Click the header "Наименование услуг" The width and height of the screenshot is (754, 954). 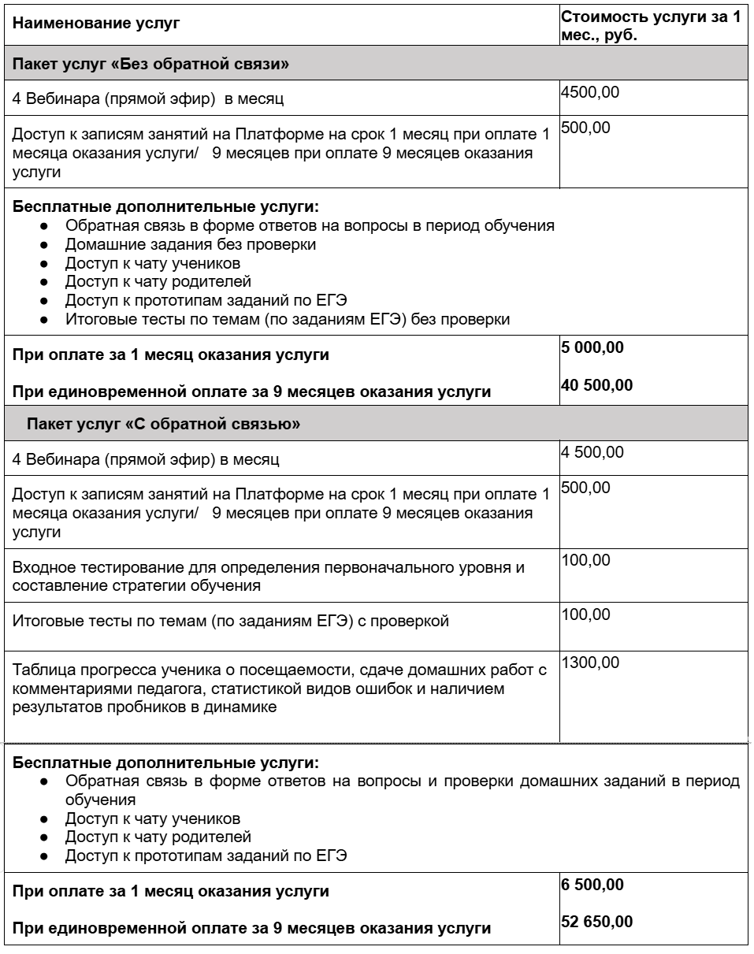(97, 24)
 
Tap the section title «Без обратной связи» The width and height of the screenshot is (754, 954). (150, 65)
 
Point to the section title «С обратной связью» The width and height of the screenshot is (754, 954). (163, 425)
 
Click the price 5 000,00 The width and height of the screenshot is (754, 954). (592, 348)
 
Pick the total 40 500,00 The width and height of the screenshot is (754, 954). (596, 385)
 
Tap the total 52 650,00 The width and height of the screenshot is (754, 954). (596, 922)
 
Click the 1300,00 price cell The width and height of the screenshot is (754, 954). (590, 663)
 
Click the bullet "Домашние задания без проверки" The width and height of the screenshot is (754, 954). (191, 244)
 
